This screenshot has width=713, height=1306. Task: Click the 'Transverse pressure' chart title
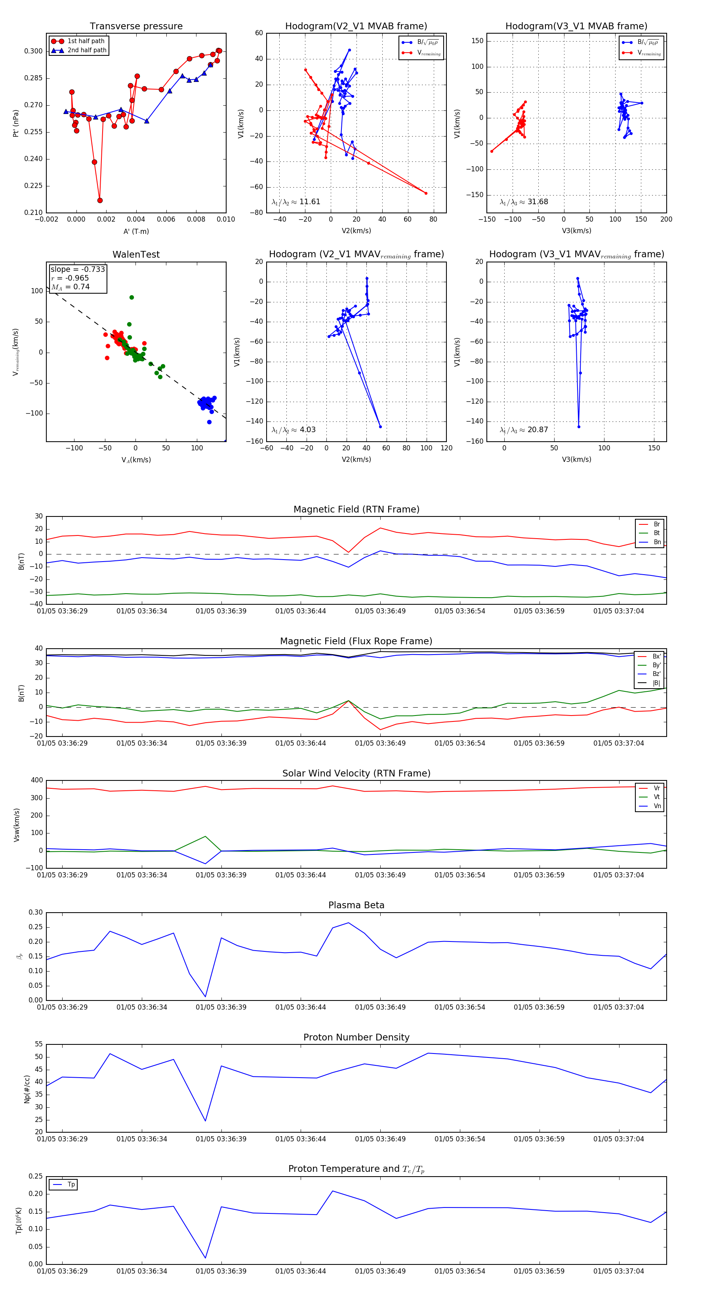(x=136, y=27)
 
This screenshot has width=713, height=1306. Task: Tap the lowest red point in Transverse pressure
(x=100, y=200)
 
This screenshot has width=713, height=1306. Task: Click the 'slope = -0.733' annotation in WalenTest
(x=78, y=269)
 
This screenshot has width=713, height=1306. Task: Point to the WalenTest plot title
(x=136, y=254)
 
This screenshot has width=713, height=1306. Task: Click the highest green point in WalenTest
(x=132, y=298)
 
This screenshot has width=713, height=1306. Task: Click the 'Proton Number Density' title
(x=356, y=1037)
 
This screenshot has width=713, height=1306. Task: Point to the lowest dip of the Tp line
(x=205, y=1257)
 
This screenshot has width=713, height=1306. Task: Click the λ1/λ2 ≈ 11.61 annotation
(x=296, y=202)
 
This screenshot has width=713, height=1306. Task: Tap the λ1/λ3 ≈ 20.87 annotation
(x=524, y=430)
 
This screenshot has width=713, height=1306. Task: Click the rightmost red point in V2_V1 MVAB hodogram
(x=426, y=193)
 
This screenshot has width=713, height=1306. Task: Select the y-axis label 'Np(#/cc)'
(x=27, y=1089)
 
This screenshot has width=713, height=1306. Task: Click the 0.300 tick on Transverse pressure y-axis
(x=34, y=51)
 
